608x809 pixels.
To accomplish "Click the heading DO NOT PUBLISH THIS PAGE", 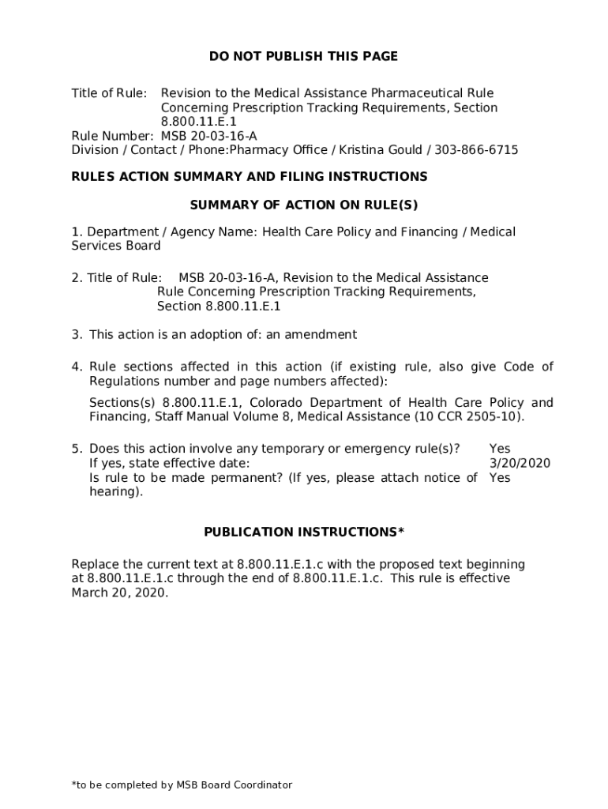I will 303,56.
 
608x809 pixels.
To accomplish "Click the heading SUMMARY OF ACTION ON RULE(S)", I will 303,205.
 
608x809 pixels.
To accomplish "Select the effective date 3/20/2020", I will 520,464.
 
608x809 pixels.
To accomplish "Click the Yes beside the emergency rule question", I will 500,450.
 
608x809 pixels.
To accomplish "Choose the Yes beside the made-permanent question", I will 500,478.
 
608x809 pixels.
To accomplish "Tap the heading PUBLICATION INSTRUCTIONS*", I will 303,532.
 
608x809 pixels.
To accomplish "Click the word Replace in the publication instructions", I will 96,564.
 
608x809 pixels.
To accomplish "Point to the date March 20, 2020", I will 119,593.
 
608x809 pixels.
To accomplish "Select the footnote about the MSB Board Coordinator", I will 182,785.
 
